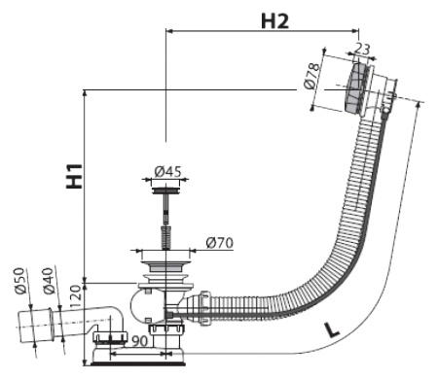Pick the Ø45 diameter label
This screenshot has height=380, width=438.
pyautogui.click(x=168, y=172)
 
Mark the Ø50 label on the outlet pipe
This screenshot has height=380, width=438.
pyautogui.click(x=18, y=282)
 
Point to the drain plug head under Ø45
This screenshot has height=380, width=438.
pyautogui.click(x=161, y=191)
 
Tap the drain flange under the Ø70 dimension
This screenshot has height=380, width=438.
pyautogui.click(x=161, y=260)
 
